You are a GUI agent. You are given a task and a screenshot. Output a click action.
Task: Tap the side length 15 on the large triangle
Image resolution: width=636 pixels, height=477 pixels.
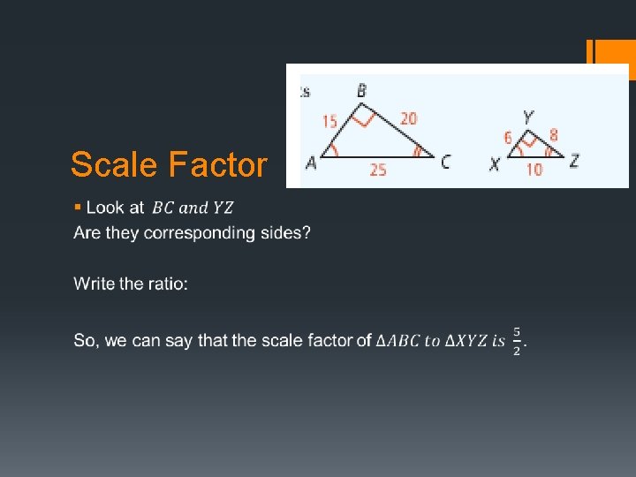click(x=329, y=122)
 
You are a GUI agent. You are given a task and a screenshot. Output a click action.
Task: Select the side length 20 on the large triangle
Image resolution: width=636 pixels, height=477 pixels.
click(x=408, y=118)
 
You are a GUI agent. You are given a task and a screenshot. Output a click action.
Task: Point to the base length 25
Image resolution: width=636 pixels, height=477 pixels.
click(x=377, y=170)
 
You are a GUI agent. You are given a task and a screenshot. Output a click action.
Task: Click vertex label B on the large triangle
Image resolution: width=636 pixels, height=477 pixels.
click(x=362, y=90)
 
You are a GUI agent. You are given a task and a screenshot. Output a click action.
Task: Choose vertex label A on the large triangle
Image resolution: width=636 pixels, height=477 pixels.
click(x=311, y=163)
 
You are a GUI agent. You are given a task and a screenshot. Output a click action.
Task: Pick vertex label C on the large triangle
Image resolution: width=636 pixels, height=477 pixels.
click(x=445, y=162)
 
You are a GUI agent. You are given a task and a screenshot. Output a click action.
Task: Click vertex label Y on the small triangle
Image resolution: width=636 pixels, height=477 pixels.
click(x=527, y=117)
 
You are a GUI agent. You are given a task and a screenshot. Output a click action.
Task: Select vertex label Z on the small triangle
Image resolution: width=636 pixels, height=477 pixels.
click(x=574, y=161)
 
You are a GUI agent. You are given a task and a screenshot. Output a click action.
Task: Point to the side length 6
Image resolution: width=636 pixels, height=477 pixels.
click(x=508, y=137)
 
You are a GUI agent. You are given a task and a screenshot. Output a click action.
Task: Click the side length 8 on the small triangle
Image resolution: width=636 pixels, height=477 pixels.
click(x=553, y=135)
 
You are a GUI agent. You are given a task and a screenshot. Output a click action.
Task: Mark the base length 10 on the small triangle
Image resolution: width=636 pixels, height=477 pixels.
click(x=534, y=170)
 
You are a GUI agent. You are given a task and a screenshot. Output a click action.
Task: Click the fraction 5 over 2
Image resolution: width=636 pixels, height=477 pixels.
click(x=517, y=342)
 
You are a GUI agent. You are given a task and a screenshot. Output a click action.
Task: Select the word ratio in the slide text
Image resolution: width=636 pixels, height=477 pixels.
click(x=167, y=284)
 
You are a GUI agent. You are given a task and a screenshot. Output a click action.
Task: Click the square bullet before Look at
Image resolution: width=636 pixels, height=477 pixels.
click(x=78, y=207)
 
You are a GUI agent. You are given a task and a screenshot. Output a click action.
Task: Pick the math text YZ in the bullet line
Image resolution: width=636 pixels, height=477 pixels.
click(x=223, y=208)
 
